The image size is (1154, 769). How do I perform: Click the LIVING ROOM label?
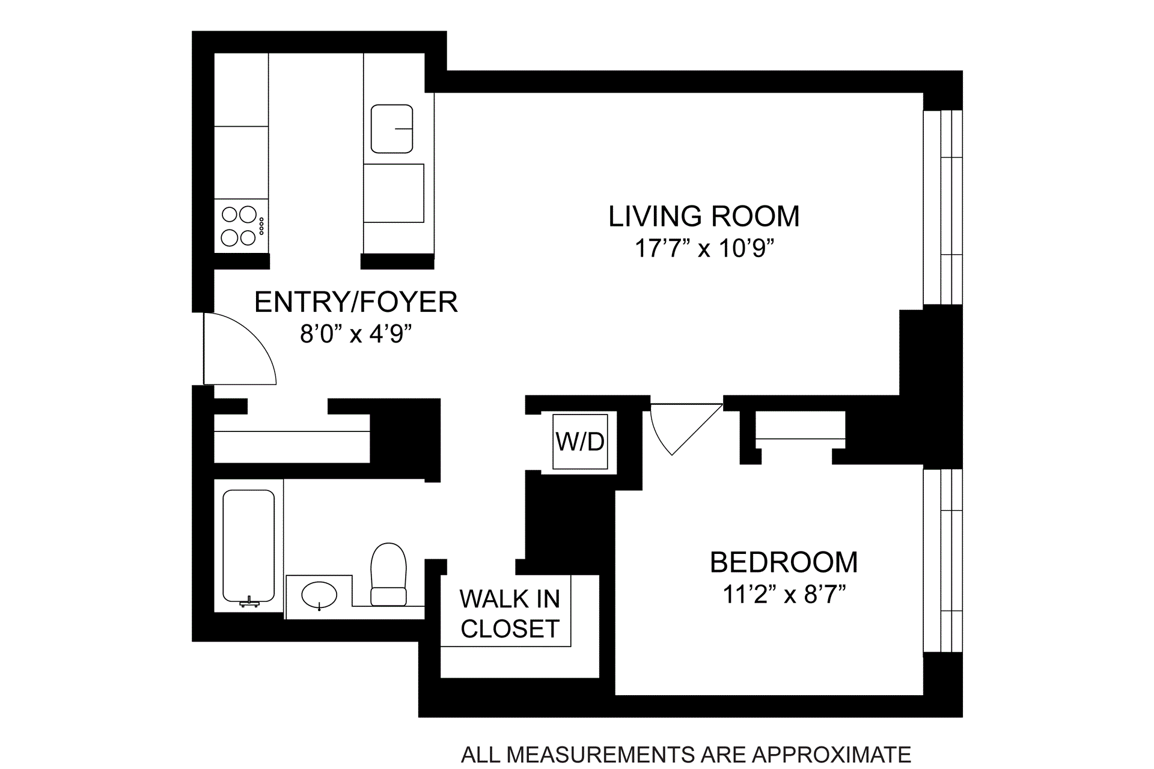[x=704, y=216]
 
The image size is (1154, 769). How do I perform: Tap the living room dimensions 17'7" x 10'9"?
[x=704, y=248]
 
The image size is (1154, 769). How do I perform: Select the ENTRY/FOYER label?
[x=356, y=302]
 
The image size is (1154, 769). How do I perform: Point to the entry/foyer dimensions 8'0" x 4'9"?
[x=356, y=333]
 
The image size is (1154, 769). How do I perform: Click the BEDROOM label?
[x=784, y=562]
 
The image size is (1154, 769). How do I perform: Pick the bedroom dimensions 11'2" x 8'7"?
[x=784, y=595]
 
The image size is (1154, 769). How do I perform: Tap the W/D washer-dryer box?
[x=580, y=442]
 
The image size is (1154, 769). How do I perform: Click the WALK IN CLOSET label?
[x=510, y=613]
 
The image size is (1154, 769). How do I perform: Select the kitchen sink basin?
[x=392, y=129]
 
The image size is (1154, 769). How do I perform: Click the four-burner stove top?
[x=241, y=226]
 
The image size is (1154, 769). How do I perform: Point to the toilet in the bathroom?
[x=388, y=574]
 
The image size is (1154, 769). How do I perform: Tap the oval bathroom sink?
[x=319, y=595]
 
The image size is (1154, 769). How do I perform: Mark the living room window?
[x=942, y=207]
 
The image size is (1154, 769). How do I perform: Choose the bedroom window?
[x=942, y=560]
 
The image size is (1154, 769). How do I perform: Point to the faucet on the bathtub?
[x=249, y=601]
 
